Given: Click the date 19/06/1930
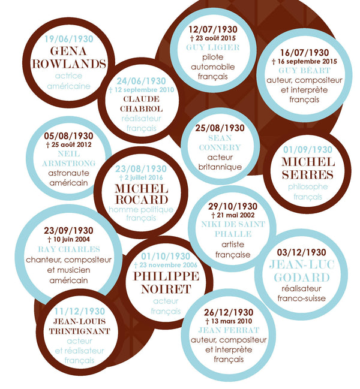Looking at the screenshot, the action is pos(69,39).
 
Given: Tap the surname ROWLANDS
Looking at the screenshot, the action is pos(69,64).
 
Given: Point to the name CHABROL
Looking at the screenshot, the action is pos(141,109).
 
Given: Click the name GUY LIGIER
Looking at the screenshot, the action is pos(213,47).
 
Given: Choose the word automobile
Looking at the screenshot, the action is pos(213,67).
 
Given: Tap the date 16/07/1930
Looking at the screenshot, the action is pos(304,53).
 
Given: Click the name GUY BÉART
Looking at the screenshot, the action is pos(304,71).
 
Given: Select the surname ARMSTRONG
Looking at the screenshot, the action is pos(69,164).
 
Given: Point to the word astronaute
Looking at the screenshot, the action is pos(69,173).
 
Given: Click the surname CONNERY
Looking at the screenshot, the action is pos(220,147).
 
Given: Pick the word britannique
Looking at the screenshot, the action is pos(220,167).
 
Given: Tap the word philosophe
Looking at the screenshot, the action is pos(308,187).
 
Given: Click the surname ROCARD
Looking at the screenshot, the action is pos(142,200).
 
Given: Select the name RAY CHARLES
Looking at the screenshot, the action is pos(69,249).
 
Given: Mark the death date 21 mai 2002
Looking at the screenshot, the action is pos(233,215).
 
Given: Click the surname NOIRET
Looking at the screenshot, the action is pos(166,290).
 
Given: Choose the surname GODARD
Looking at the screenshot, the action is pos(302,278).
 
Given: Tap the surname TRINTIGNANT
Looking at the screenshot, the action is pos(79,331).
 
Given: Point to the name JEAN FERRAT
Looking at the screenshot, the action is pos(229,330).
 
